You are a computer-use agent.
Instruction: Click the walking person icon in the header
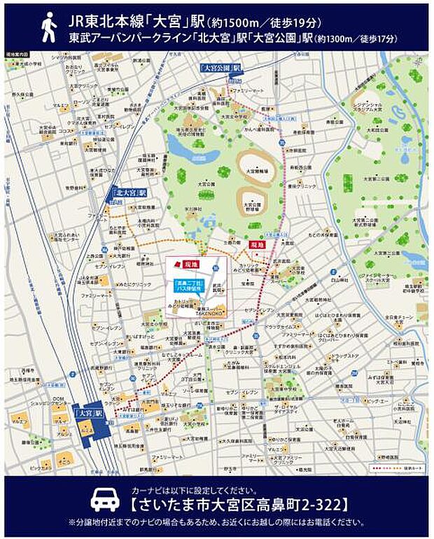point(48,27)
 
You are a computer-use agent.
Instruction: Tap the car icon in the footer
point(105,500)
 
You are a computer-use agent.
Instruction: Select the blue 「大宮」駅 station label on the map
point(89,413)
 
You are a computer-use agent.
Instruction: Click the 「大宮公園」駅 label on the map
point(221,68)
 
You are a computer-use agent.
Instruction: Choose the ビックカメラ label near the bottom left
point(36,465)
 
